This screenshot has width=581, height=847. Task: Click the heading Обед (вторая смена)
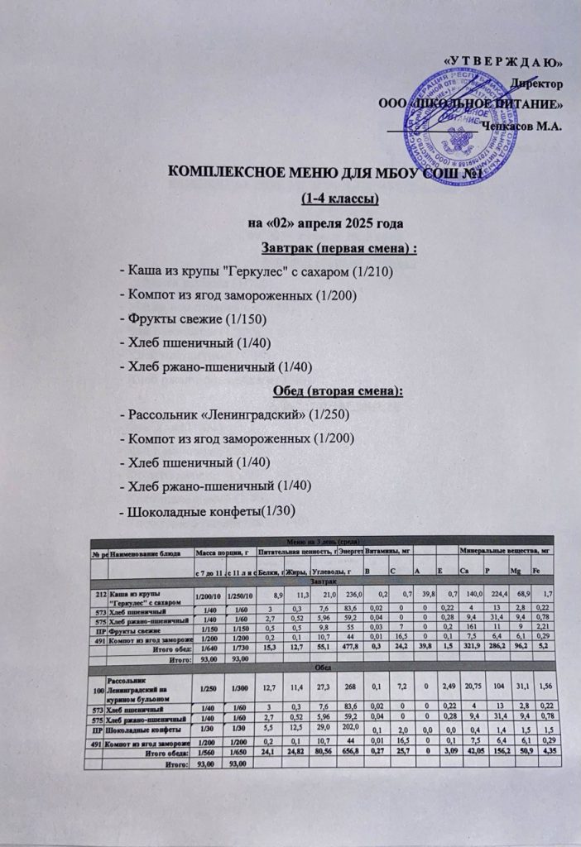337,390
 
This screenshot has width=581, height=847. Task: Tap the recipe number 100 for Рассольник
98,689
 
